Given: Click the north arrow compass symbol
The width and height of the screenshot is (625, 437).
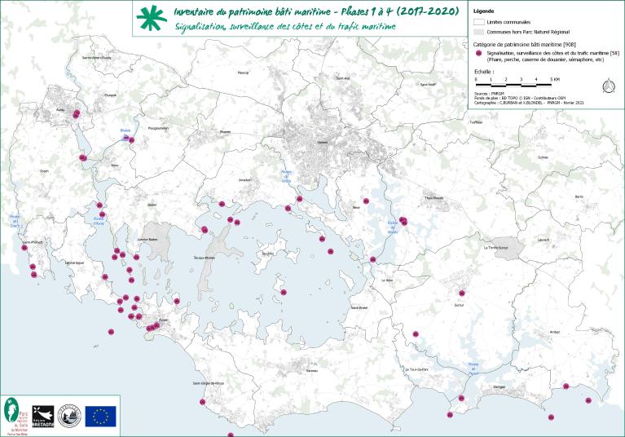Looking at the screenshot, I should pyautogui.click(x=607, y=86).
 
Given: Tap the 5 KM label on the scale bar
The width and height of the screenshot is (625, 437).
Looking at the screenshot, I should pyautogui.click(x=556, y=79).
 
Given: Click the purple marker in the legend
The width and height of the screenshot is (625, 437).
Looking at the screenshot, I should pyautogui.click(x=479, y=53).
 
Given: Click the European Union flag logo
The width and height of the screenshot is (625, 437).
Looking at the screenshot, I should pyautogui.click(x=101, y=416).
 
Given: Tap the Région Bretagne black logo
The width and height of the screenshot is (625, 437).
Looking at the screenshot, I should pyautogui.click(x=43, y=415).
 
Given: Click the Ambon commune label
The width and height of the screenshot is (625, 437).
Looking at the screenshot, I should pyautogui.click(x=555, y=332).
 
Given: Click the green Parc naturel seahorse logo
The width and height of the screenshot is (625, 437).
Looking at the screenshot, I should pyautogui.click(x=15, y=414).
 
